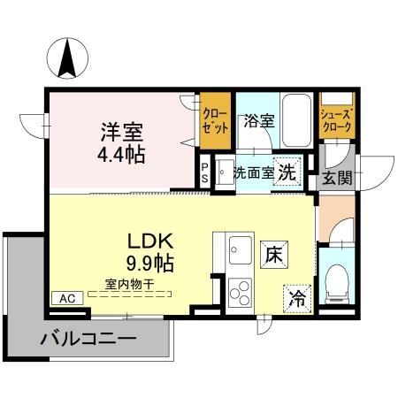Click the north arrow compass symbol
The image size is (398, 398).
coord(67,58)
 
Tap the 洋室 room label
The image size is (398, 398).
coord(122,132)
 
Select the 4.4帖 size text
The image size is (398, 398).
coord(121,155)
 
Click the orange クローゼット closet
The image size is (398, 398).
coord(215,120)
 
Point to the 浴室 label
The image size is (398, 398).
coord(259,121)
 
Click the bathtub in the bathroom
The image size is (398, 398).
coord(296,120)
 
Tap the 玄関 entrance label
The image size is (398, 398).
coord(337,178)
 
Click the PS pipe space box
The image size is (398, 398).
coord(205,172)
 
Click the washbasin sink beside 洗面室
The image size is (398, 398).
coord(225,172)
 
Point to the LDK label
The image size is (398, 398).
coord(149,241)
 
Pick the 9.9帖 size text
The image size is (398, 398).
coord(149,263)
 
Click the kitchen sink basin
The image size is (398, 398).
coord(240,250)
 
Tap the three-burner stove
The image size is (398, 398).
coord(240,293)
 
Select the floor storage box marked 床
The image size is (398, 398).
coord(274,255)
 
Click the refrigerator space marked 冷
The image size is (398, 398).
coord(297,299)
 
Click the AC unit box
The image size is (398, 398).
coord(67,298)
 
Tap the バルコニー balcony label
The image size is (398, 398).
coord(88,338)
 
